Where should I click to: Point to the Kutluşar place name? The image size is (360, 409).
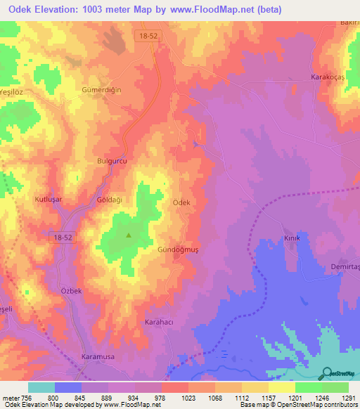click(49, 200)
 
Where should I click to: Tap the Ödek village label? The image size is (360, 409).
click(181, 202)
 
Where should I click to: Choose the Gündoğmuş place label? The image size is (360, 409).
click(174, 250)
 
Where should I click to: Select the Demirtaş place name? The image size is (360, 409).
click(345, 266)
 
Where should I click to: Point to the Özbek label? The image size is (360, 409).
click(72, 291)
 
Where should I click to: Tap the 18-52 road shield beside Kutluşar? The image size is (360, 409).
click(63, 240)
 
